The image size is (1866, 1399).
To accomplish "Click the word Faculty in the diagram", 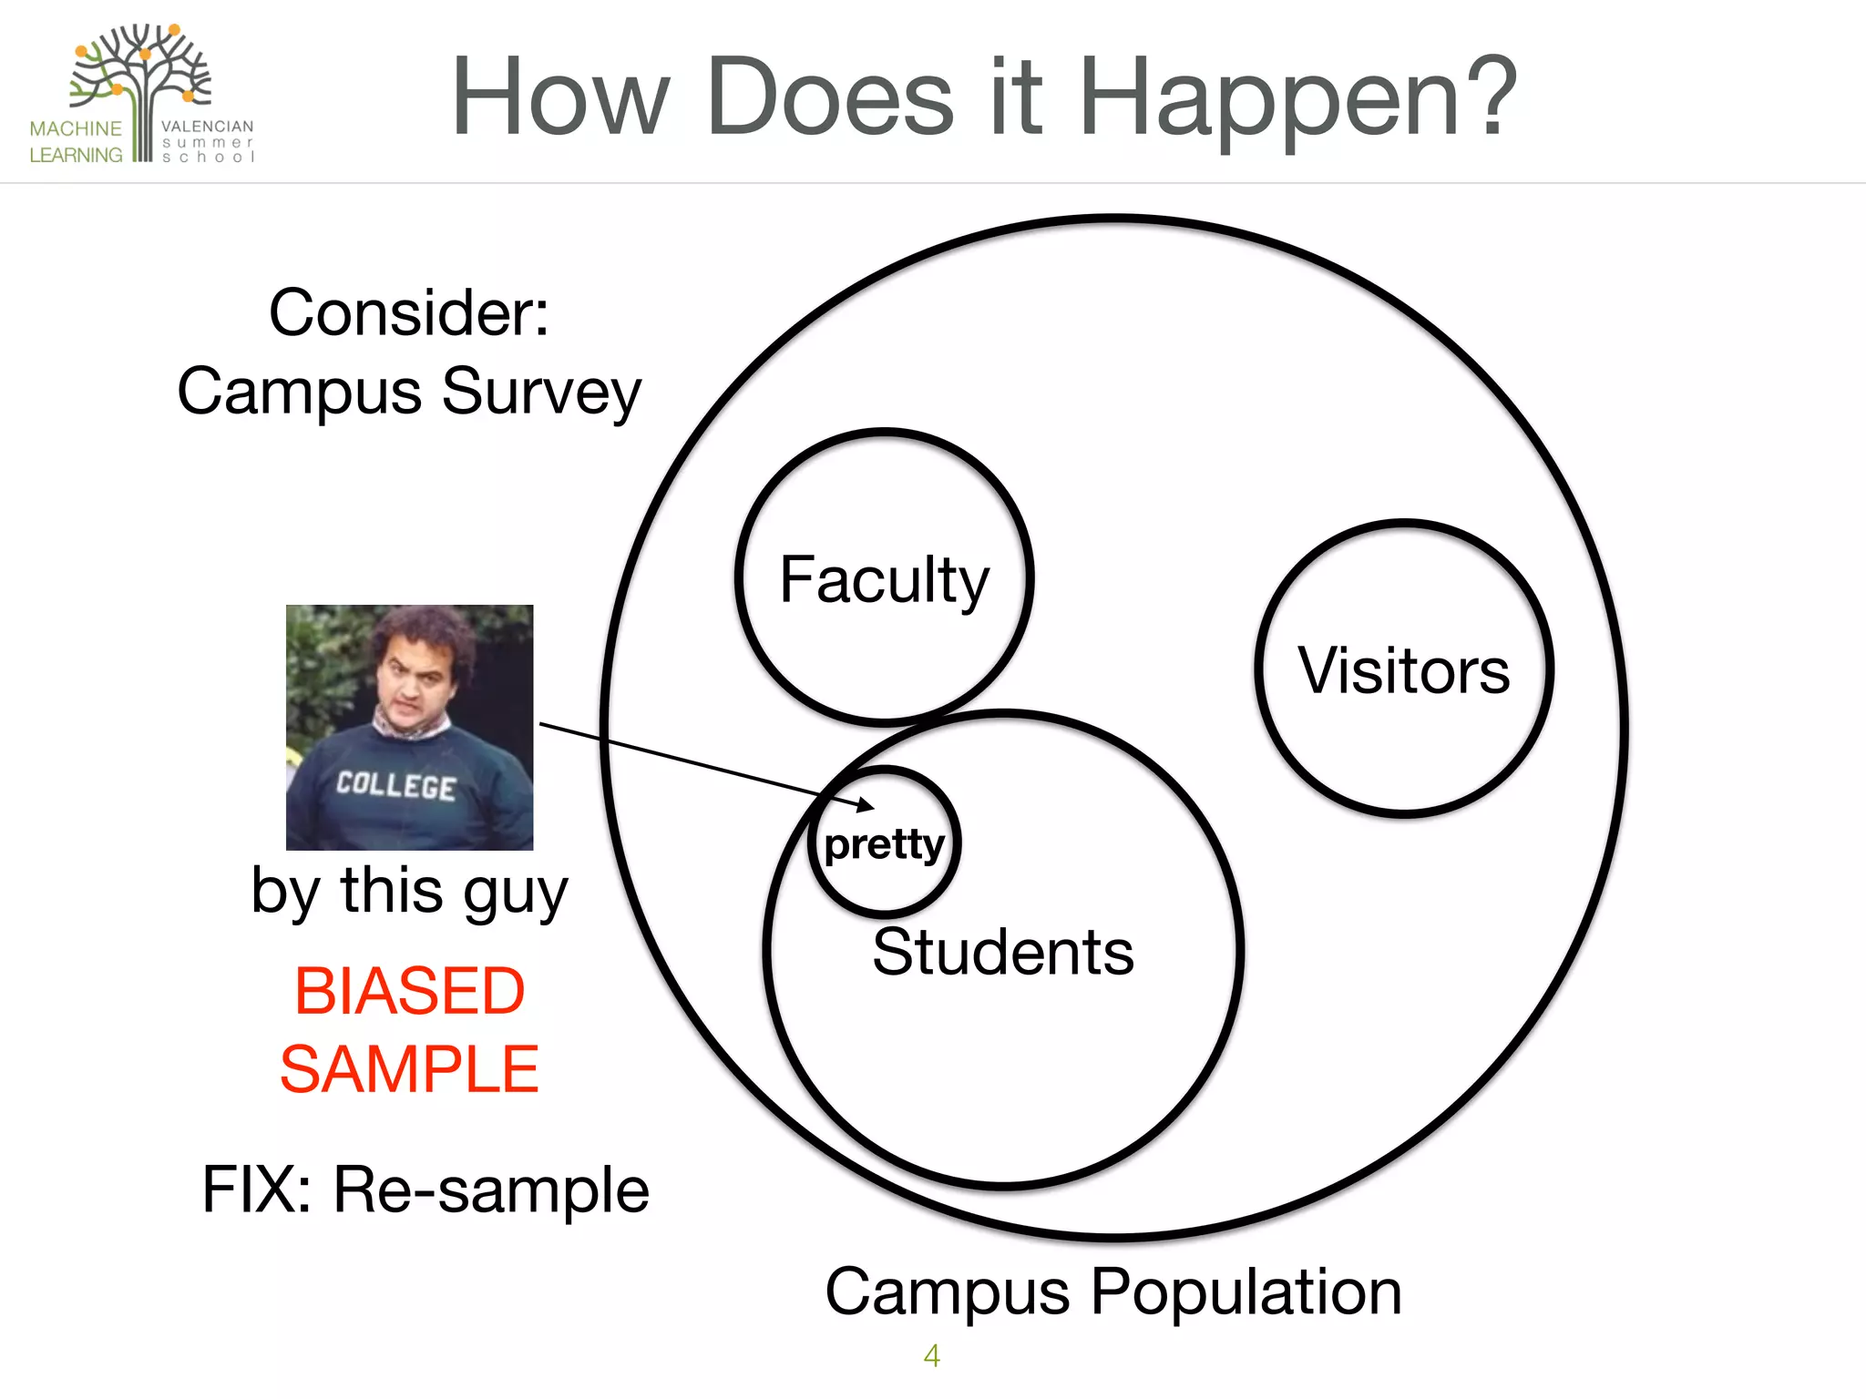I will [884, 580].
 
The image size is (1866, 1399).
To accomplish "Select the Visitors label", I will [1403, 671].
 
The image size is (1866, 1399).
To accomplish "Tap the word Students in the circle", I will [1002, 953].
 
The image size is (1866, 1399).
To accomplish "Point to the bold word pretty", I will [884, 844].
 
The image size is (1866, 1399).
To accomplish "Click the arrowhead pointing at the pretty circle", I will [866, 805].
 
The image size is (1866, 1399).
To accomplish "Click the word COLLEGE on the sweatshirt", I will [395, 785].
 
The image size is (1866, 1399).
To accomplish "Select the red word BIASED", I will [409, 991].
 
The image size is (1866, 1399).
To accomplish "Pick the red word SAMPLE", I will [409, 1069].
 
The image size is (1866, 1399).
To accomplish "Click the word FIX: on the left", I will [257, 1190].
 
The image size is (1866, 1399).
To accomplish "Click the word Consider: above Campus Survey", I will [409, 313].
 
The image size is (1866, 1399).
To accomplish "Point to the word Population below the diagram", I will [1246, 1293].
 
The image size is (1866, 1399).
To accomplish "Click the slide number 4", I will [931, 1356].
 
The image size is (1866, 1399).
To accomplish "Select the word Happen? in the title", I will [1297, 98].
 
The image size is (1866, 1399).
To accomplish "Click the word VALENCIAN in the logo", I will [208, 127].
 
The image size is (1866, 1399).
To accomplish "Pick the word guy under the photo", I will [515, 893].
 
